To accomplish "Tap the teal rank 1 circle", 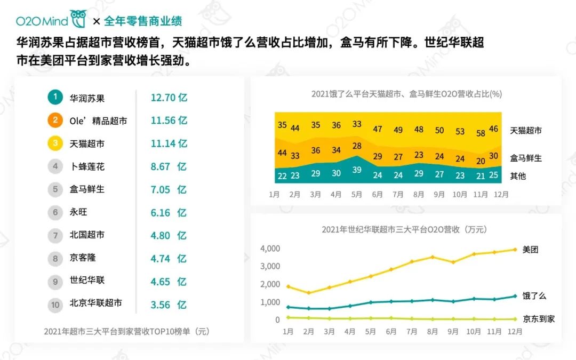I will (x=55, y=97).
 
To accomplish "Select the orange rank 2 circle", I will (x=55, y=120).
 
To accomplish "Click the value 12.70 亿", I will (x=169, y=98).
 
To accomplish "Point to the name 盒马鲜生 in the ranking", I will (x=87, y=189).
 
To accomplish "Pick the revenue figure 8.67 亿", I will (x=169, y=166).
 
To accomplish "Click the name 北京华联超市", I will (x=96, y=303).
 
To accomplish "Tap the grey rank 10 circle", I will (x=55, y=305).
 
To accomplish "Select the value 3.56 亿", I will (x=169, y=305).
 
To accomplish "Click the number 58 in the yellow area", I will (x=481, y=133).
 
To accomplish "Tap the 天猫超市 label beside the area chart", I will (x=526, y=130).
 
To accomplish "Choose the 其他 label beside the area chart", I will (x=518, y=175).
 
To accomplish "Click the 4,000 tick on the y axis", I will (x=270, y=249).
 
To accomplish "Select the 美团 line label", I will (x=530, y=249).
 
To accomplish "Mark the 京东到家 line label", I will (x=539, y=319).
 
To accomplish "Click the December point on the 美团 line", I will (x=515, y=249).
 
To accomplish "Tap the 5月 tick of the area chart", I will (x=356, y=195).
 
